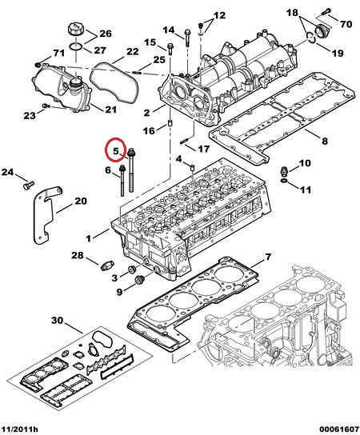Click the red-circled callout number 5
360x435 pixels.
[116, 151]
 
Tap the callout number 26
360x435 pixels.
[106, 34]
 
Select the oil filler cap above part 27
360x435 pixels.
[76, 30]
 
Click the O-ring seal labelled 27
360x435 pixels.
[75, 46]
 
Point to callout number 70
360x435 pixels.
[346, 25]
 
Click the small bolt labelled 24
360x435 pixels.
[29, 185]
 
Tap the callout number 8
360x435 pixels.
[325, 141]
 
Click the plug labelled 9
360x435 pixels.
[139, 280]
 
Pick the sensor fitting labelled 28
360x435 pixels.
[107, 266]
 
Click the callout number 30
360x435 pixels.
[58, 321]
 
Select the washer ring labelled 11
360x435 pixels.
[284, 182]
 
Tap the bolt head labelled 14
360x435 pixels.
[187, 32]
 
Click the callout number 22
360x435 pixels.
[132, 52]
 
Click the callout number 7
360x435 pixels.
[267, 257]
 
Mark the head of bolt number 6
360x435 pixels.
[122, 168]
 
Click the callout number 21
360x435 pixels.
[110, 110]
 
